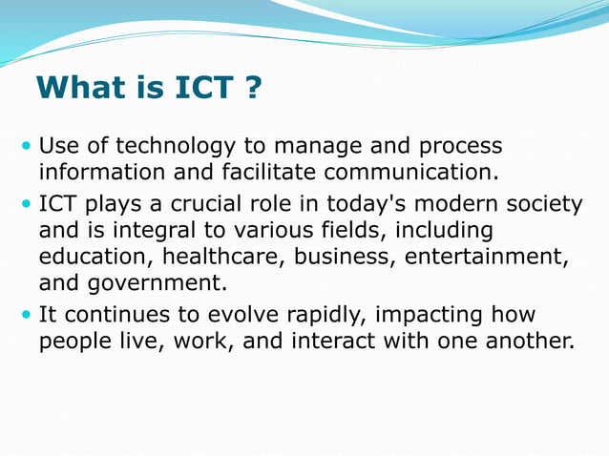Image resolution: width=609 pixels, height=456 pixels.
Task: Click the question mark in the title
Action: pos(252,89)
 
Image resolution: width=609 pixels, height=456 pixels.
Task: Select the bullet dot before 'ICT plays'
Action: pos(26,205)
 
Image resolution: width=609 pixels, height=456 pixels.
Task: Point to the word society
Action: pos(536,204)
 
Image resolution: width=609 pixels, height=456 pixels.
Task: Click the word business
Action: pos(336,258)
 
